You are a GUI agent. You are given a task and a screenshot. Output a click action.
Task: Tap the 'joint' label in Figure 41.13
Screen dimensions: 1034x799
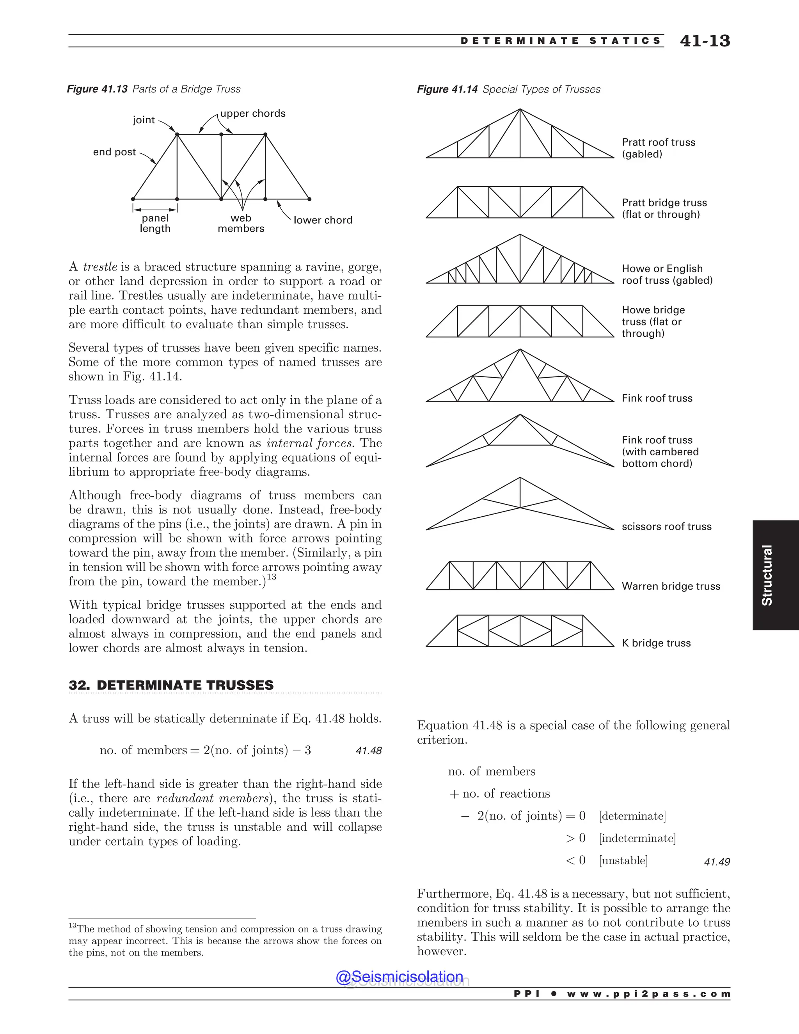[144, 120]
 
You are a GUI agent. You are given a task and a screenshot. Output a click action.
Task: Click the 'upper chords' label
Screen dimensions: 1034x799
[253, 114]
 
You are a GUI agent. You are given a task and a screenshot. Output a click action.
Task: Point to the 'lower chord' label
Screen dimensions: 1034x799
[323, 220]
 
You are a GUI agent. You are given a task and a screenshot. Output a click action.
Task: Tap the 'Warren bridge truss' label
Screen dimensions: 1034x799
[671, 586]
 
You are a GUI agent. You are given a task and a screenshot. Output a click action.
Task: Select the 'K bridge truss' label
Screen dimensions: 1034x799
[656, 643]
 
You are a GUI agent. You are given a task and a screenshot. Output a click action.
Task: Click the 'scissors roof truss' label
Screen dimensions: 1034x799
[666, 526]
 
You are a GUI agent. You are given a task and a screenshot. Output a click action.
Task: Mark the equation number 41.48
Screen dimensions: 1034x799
[368, 751]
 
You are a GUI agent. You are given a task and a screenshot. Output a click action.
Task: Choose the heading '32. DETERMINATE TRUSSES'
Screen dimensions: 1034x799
[171, 685]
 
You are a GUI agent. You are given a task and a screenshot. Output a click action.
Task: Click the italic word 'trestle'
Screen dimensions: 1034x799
[100, 267]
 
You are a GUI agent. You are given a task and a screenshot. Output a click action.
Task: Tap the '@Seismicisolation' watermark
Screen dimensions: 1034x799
[399, 977]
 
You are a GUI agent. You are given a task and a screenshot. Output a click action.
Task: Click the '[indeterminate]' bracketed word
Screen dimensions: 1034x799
[637, 839]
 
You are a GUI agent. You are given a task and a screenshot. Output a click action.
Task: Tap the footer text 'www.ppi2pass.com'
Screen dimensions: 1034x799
[648, 994]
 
